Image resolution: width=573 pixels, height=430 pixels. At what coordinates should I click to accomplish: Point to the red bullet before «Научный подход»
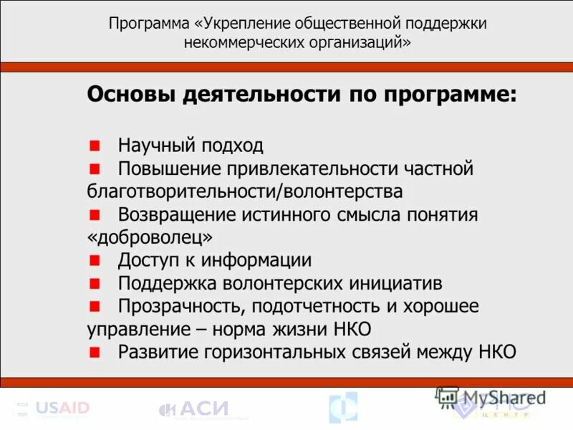pyautogui.click(x=94, y=145)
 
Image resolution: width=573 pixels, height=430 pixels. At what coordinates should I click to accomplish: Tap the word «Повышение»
pyautogui.click(x=170, y=168)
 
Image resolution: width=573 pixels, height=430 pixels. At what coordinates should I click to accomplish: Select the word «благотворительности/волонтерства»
pyautogui.click(x=244, y=191)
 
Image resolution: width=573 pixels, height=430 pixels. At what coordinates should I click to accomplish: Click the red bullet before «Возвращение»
pyautogui.click(x=94, y=214)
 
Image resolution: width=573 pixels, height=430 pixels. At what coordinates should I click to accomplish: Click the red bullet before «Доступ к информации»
pyautogui.click(x=94, y=260)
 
